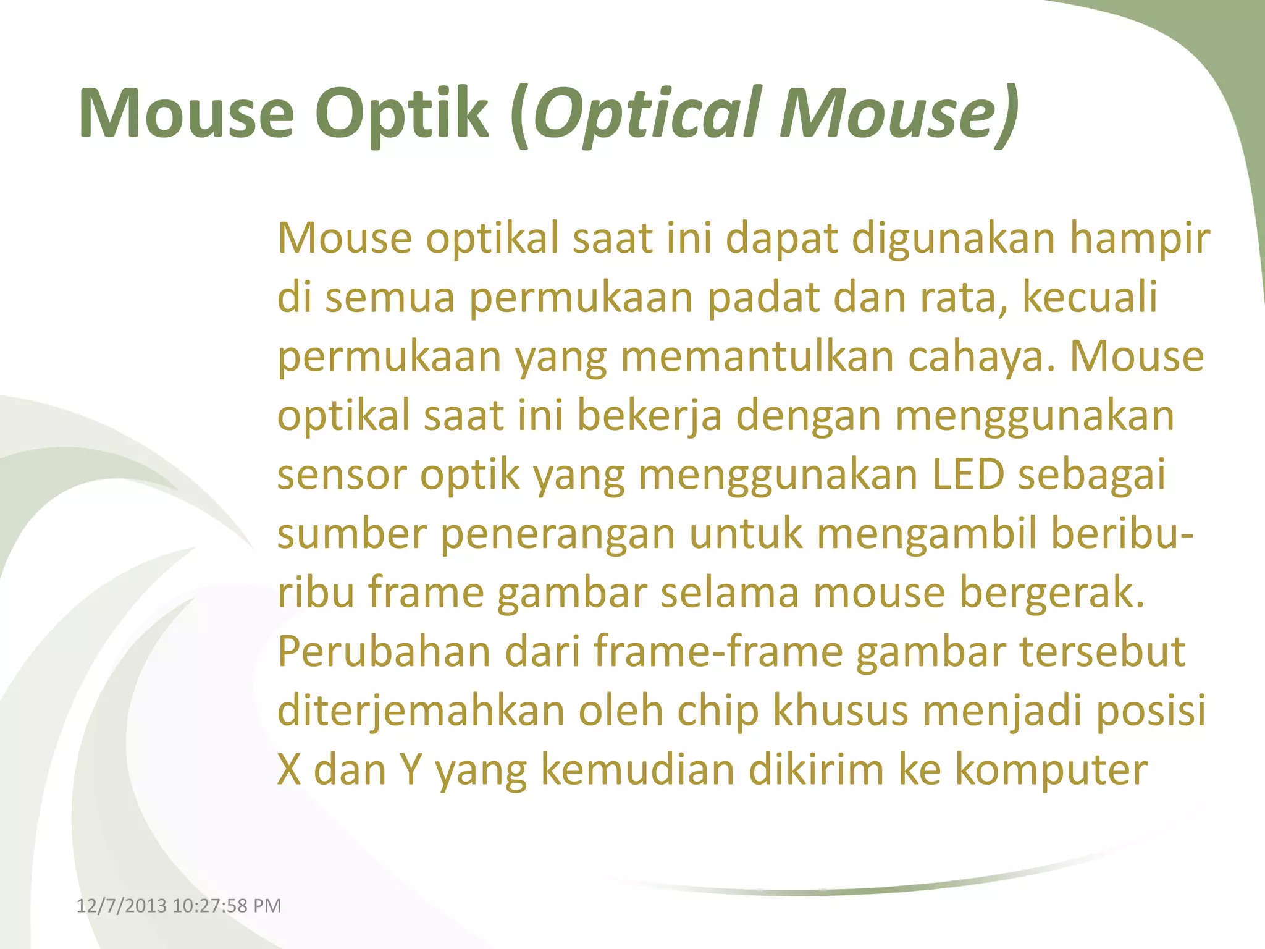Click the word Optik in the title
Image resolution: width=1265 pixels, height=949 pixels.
[x=401, y=114]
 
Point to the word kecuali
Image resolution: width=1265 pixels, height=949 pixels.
[x=1090, y=297]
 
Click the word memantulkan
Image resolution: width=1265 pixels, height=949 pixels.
[x=757, y=357]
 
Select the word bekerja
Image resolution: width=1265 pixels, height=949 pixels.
[x=649, y=415]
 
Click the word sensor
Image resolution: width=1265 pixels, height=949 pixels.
[x=342, y=474]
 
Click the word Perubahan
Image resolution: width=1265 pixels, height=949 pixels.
[x=384, y=652]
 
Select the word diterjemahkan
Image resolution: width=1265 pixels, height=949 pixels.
[x=421, y=711]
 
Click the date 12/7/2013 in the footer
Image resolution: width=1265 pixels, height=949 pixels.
[x=121, y=906]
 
